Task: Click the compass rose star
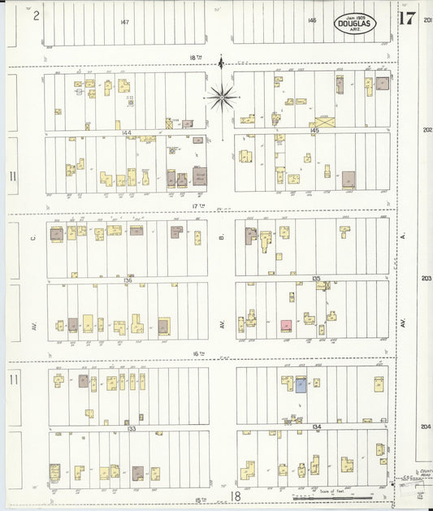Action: pos(222,98)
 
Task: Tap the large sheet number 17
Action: pos(408,19)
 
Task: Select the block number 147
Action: pos(123,21)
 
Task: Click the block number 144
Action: pos(127,132)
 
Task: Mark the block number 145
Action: pos(315,129)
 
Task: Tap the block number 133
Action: pos(130,428)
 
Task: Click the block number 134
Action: pos(315,425)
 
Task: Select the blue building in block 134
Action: pos(301,385)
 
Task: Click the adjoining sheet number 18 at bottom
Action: pos(236,496)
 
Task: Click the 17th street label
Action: pos(196,206)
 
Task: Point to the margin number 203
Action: pos(427,278)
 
